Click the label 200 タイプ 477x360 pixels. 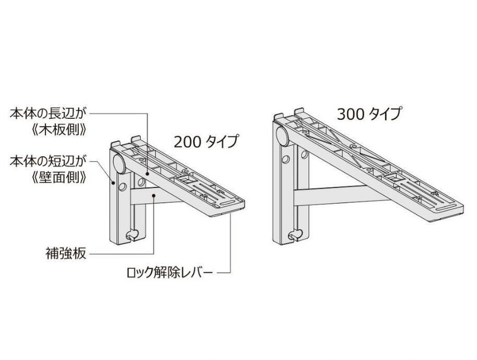(205, 141)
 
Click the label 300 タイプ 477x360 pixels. (369, 114)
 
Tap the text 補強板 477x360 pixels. (66, 254)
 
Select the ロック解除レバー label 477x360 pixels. (170, 272)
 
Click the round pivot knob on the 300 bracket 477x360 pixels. (283, 136)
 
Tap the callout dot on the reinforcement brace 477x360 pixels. (154, 195)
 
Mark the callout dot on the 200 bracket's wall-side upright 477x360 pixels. (113, 182)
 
